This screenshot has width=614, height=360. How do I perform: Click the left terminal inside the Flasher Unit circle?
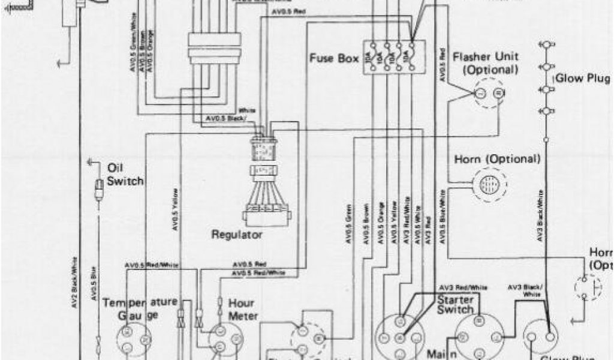click(x=480, y=93)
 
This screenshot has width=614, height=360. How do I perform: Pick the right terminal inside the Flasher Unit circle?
click(x=498, y=93)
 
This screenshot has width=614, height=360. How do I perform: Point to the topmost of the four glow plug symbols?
click(x=546, y=45)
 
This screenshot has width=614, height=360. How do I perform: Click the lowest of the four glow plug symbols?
click(x=546, y=111)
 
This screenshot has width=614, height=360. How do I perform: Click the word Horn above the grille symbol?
click(x=466, y=159)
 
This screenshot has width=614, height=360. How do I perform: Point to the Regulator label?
click(x=237, y=235)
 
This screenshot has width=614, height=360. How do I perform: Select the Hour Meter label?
click(x=243, y=310)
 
